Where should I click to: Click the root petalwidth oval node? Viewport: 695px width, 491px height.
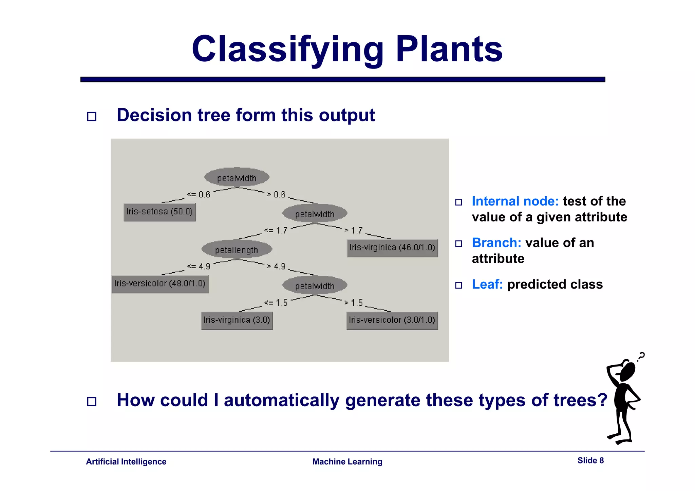click(x=237, y=177)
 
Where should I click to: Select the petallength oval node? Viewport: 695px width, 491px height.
click(x=237, y=250)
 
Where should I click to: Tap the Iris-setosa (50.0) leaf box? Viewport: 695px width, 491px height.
click(x=159, y=212)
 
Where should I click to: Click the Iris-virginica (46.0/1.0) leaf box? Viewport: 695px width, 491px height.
click(x=392, y=248)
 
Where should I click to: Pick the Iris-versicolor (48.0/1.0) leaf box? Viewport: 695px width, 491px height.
click(x=160, y=284)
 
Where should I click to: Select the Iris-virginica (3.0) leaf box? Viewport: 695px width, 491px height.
click(x=237, y=320)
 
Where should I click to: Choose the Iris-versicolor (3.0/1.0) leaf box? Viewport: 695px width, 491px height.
click(x=392, y=320)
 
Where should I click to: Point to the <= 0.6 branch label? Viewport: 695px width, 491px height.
click(x=199, y=195)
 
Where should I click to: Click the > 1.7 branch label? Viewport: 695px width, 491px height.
click(x=354, y=231)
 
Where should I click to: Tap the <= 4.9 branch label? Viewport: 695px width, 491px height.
click(x=199, y=267)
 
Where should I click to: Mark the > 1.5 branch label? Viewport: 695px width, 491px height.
click(x=354, y=302)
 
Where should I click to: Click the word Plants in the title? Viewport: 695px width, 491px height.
click(x=449, y=49)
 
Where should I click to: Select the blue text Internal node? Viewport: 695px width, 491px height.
click(x=515, y=201)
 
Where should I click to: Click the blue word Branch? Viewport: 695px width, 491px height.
click(x=496, y=243)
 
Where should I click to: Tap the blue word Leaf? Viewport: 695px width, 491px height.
click(x=487, y=284)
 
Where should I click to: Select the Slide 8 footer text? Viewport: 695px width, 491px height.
click(x=590, y=460)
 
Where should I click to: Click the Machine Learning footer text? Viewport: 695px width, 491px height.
click(x=347, y=461)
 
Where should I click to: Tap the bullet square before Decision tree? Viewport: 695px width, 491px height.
click(x=92, y=117)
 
